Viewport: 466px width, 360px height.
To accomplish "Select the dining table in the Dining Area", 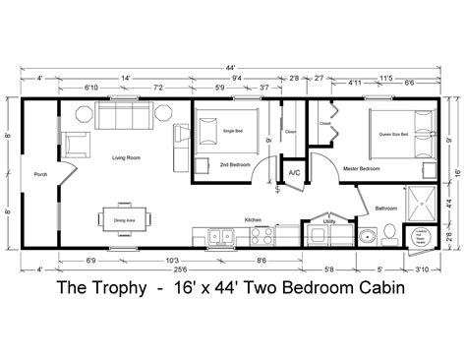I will point(124,217).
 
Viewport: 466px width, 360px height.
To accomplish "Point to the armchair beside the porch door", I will point(76,143).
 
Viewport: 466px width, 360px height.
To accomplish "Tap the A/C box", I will point(293,173).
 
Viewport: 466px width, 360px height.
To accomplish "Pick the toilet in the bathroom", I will point(389,233).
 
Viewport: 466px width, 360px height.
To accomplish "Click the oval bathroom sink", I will point(366,236).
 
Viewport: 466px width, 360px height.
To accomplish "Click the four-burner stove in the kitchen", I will point(262,234).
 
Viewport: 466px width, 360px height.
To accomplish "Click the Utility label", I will point(328,223).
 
